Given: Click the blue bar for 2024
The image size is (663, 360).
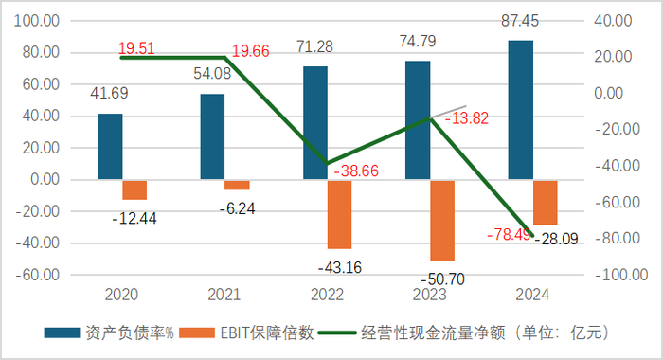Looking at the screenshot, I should click(521, 109).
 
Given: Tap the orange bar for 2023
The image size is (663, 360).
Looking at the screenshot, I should click(442, 220).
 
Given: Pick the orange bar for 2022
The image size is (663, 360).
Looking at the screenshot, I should click(340, 214).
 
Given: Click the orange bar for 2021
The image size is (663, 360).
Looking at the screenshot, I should click(237, 184).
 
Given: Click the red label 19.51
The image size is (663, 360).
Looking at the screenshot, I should click(139, 47).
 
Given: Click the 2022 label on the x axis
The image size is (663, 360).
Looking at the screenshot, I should click(328, 296).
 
